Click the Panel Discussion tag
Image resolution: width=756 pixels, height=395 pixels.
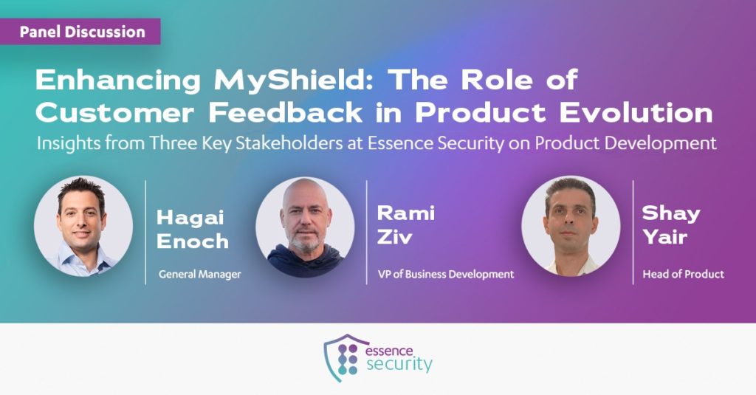(x=80, y=32)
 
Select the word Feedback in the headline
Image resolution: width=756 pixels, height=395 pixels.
(x=286, y=113)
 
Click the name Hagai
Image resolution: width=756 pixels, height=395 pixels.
(x=190, y=218)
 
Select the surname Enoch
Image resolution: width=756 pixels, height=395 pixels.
(x=193, y=241)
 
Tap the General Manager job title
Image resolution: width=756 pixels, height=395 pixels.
(x=199, y=275)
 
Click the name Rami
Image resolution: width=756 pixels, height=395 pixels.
(x=406, y=213)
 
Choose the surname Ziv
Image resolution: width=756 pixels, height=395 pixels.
(x=394, y=237)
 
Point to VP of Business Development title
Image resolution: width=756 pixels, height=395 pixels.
(x=446, y=275)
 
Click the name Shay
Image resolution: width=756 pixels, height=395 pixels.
(x=671, y=213)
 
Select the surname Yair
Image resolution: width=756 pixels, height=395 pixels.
(x=664, y=237)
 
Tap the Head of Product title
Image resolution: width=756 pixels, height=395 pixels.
(x=683, y=275)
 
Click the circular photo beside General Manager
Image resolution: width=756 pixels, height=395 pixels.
(x=83, y=226)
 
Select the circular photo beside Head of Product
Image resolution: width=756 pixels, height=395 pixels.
(x=571, y=226)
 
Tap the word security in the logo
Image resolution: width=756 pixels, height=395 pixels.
(x=399, y=364)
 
